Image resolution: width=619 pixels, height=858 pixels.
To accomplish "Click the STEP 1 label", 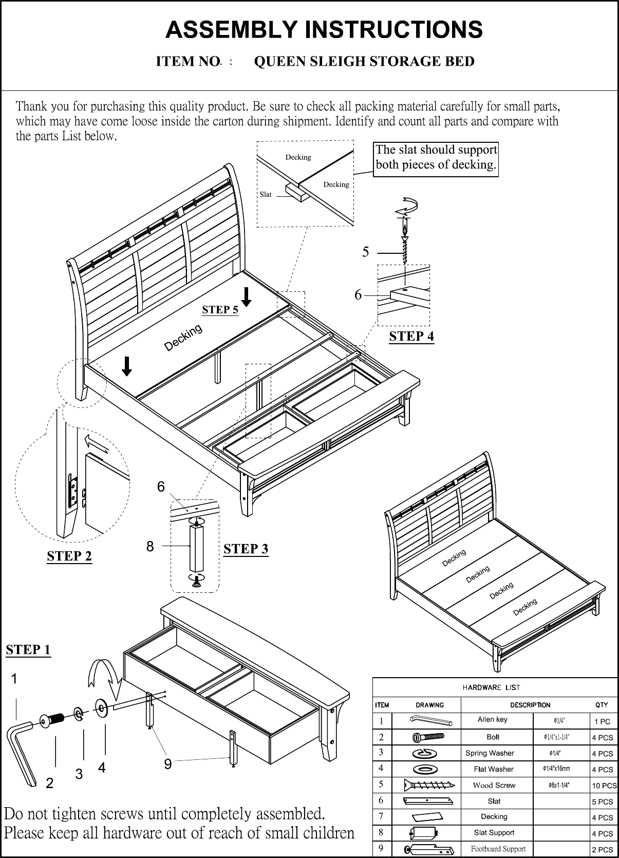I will (x=28, y=650).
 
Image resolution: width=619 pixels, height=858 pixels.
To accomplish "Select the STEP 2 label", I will (x=69, y=556).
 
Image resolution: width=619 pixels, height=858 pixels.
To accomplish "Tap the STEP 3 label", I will (x=246, y=549).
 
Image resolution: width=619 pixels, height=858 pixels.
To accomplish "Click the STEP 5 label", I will (x=220, y=309).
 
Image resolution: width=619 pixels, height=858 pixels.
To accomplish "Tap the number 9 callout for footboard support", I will (x=167, y=764).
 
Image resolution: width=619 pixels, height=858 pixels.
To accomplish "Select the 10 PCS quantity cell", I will (x=604, y=786).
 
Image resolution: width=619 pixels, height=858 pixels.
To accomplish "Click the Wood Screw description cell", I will (x=494, y=785).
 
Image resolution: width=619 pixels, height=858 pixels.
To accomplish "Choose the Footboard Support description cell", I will (x=498, y=849).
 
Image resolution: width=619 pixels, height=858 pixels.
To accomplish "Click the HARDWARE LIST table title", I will (x=491, y=687).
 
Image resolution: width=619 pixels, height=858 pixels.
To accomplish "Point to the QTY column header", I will (x=602, y=705).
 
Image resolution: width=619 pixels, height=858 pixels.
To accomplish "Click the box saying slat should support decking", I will (x=436, y=157).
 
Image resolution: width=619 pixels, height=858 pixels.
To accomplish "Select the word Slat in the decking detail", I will (x=266, y=195).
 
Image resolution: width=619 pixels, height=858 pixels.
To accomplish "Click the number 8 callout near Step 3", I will (x=150, y=547).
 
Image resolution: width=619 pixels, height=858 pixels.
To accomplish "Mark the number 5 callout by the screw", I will (x=366, y=252).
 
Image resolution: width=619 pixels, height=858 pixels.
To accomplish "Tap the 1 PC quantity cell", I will (x=602, y=721).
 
